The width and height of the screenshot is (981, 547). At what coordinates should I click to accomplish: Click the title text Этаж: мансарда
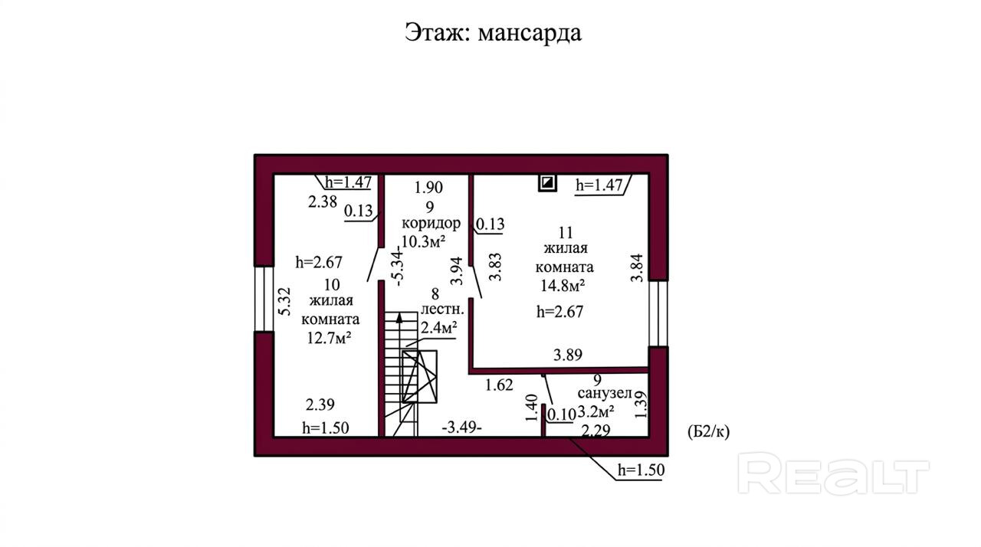(x=493, y=33)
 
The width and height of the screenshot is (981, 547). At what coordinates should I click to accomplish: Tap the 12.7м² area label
(x=329, y=338)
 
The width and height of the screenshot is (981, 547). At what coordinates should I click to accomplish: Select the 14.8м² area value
(x=563, y=286)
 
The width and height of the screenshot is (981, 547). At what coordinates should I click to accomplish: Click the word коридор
(x=431, y=223)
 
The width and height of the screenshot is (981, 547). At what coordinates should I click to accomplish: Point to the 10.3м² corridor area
(x=424, y=241)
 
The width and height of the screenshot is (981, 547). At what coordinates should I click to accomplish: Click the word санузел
(x=605, y=394)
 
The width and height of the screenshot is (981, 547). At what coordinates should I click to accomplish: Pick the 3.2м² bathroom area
(x=595, y=411)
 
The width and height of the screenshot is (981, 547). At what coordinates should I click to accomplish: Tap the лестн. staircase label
(x=442, y=310)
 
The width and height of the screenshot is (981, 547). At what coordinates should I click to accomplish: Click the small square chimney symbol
(x=547, y=182)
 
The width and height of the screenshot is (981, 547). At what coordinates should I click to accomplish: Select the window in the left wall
(x=264, y=299)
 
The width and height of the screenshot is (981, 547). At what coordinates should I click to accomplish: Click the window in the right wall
(x=658, y=313)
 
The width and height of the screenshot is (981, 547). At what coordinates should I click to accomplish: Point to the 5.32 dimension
(x=284, y=302)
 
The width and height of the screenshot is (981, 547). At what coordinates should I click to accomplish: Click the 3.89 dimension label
(x=568, y=355)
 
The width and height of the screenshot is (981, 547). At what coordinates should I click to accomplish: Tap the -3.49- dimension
(x=462, y=427)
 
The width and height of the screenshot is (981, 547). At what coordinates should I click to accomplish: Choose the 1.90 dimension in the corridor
(x=428, y=187)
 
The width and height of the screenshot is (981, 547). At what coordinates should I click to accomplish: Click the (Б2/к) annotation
(x=709, y=432)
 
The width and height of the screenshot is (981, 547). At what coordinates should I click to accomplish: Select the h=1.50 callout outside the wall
(x=641, y=470)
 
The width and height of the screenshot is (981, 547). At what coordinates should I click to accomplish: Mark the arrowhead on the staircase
(x=399, y=317)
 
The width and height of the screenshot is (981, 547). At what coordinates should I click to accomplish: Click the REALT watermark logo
(x=833, y=473)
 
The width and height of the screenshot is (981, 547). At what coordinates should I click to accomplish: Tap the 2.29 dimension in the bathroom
(x=596, y=431)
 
